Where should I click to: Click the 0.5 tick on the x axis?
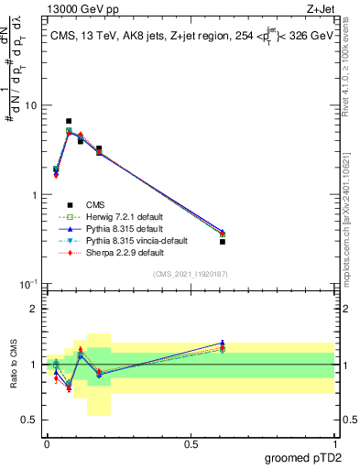191,443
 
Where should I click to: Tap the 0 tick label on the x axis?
47,443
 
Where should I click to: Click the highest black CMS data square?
69,121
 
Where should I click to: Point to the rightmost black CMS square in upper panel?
223,242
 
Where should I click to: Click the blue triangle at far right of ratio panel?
223,343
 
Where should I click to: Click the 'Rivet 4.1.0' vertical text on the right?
349,101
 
